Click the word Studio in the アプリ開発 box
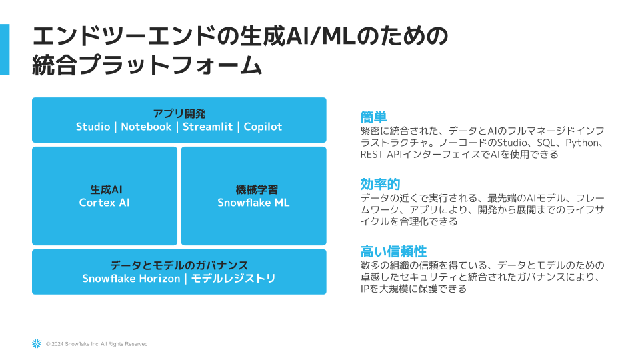click(93, 127)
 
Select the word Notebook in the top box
click(146, 127)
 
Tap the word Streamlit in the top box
click(207, 127)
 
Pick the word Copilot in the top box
click(263, 127)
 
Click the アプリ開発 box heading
click(179, 113)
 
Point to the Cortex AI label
click(105, 203)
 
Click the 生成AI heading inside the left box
click(105, 189)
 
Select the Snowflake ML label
click(253, 203)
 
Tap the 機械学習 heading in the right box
click(253, 189)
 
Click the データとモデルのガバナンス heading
click(179, 265)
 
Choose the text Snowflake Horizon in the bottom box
click(131, 279)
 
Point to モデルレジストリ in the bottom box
click(233, 279)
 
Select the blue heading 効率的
click(380, 184)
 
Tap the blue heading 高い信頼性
click(393, 251)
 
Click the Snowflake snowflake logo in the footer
click(36, 344)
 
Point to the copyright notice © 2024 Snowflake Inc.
click(97, 344)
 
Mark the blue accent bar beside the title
click(5, 49)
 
